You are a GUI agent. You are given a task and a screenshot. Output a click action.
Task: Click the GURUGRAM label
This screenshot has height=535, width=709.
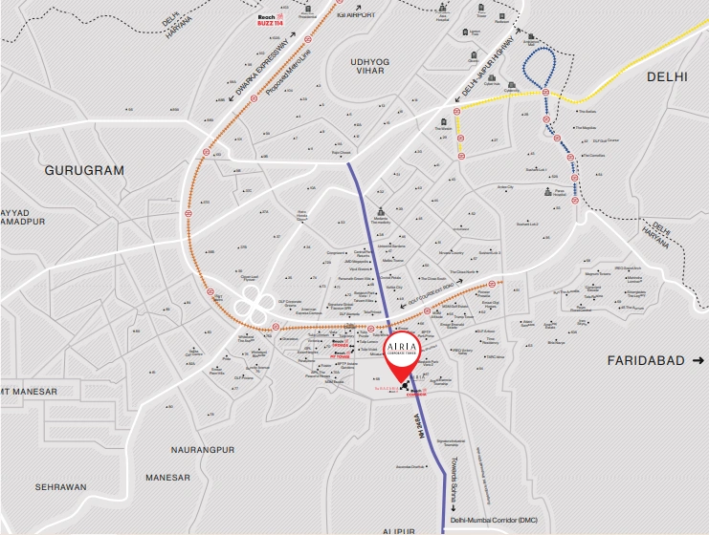(x=85, y=170)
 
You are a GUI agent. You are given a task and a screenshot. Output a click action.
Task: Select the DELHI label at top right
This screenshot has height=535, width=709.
(x=668, y=75)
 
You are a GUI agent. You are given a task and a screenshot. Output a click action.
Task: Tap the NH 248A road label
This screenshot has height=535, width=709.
(x=417, y=428)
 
